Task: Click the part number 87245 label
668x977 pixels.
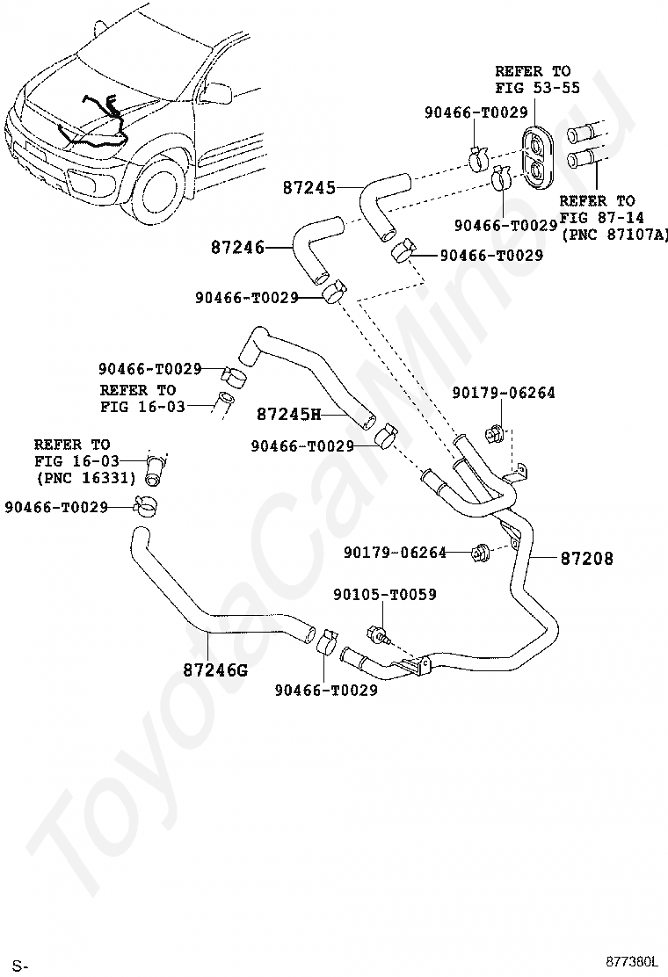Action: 309,187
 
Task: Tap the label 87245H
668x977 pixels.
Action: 288,414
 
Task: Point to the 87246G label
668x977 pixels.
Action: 215,669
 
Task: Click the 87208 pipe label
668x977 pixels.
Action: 587,558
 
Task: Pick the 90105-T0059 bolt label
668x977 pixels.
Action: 384,595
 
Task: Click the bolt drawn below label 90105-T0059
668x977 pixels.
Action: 378,634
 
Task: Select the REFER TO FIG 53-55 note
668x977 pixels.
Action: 537,79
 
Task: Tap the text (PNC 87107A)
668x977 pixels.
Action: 614,235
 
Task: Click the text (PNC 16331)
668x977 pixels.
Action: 86,478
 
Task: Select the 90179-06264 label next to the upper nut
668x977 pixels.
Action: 504,393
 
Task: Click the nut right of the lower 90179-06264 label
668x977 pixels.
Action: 481,552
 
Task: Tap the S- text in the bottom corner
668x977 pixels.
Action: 21,966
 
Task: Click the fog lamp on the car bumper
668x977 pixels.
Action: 81,181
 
